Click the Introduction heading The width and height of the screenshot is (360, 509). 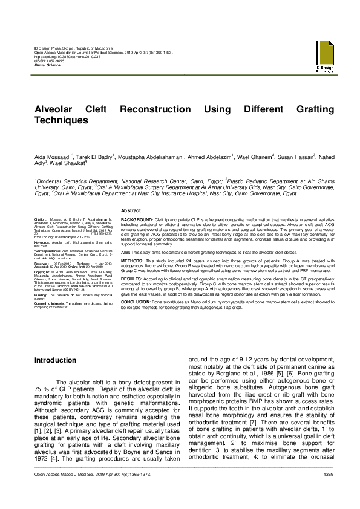[56, 360]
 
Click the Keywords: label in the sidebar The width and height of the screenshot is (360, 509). [44, 243]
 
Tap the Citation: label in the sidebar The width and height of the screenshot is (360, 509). [41, 218]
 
